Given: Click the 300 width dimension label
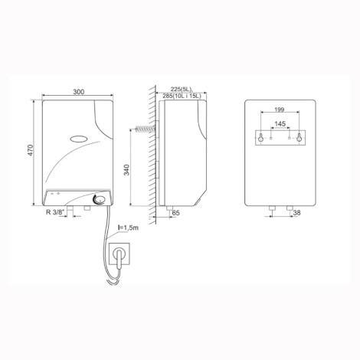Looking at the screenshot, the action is coord(79,92).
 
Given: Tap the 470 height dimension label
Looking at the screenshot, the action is coord(31,150).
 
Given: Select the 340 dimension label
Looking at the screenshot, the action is coord(126,170).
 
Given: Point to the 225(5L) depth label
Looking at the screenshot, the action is coord(181,89).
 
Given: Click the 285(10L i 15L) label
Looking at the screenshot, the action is coord(182,96).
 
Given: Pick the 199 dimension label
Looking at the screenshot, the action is coord(280,110).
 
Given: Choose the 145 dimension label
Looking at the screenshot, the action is coord(280,124).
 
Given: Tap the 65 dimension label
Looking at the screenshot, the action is coord(176,213).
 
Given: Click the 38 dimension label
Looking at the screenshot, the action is coord(296,212).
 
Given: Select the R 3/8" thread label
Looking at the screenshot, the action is coord(57,212).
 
